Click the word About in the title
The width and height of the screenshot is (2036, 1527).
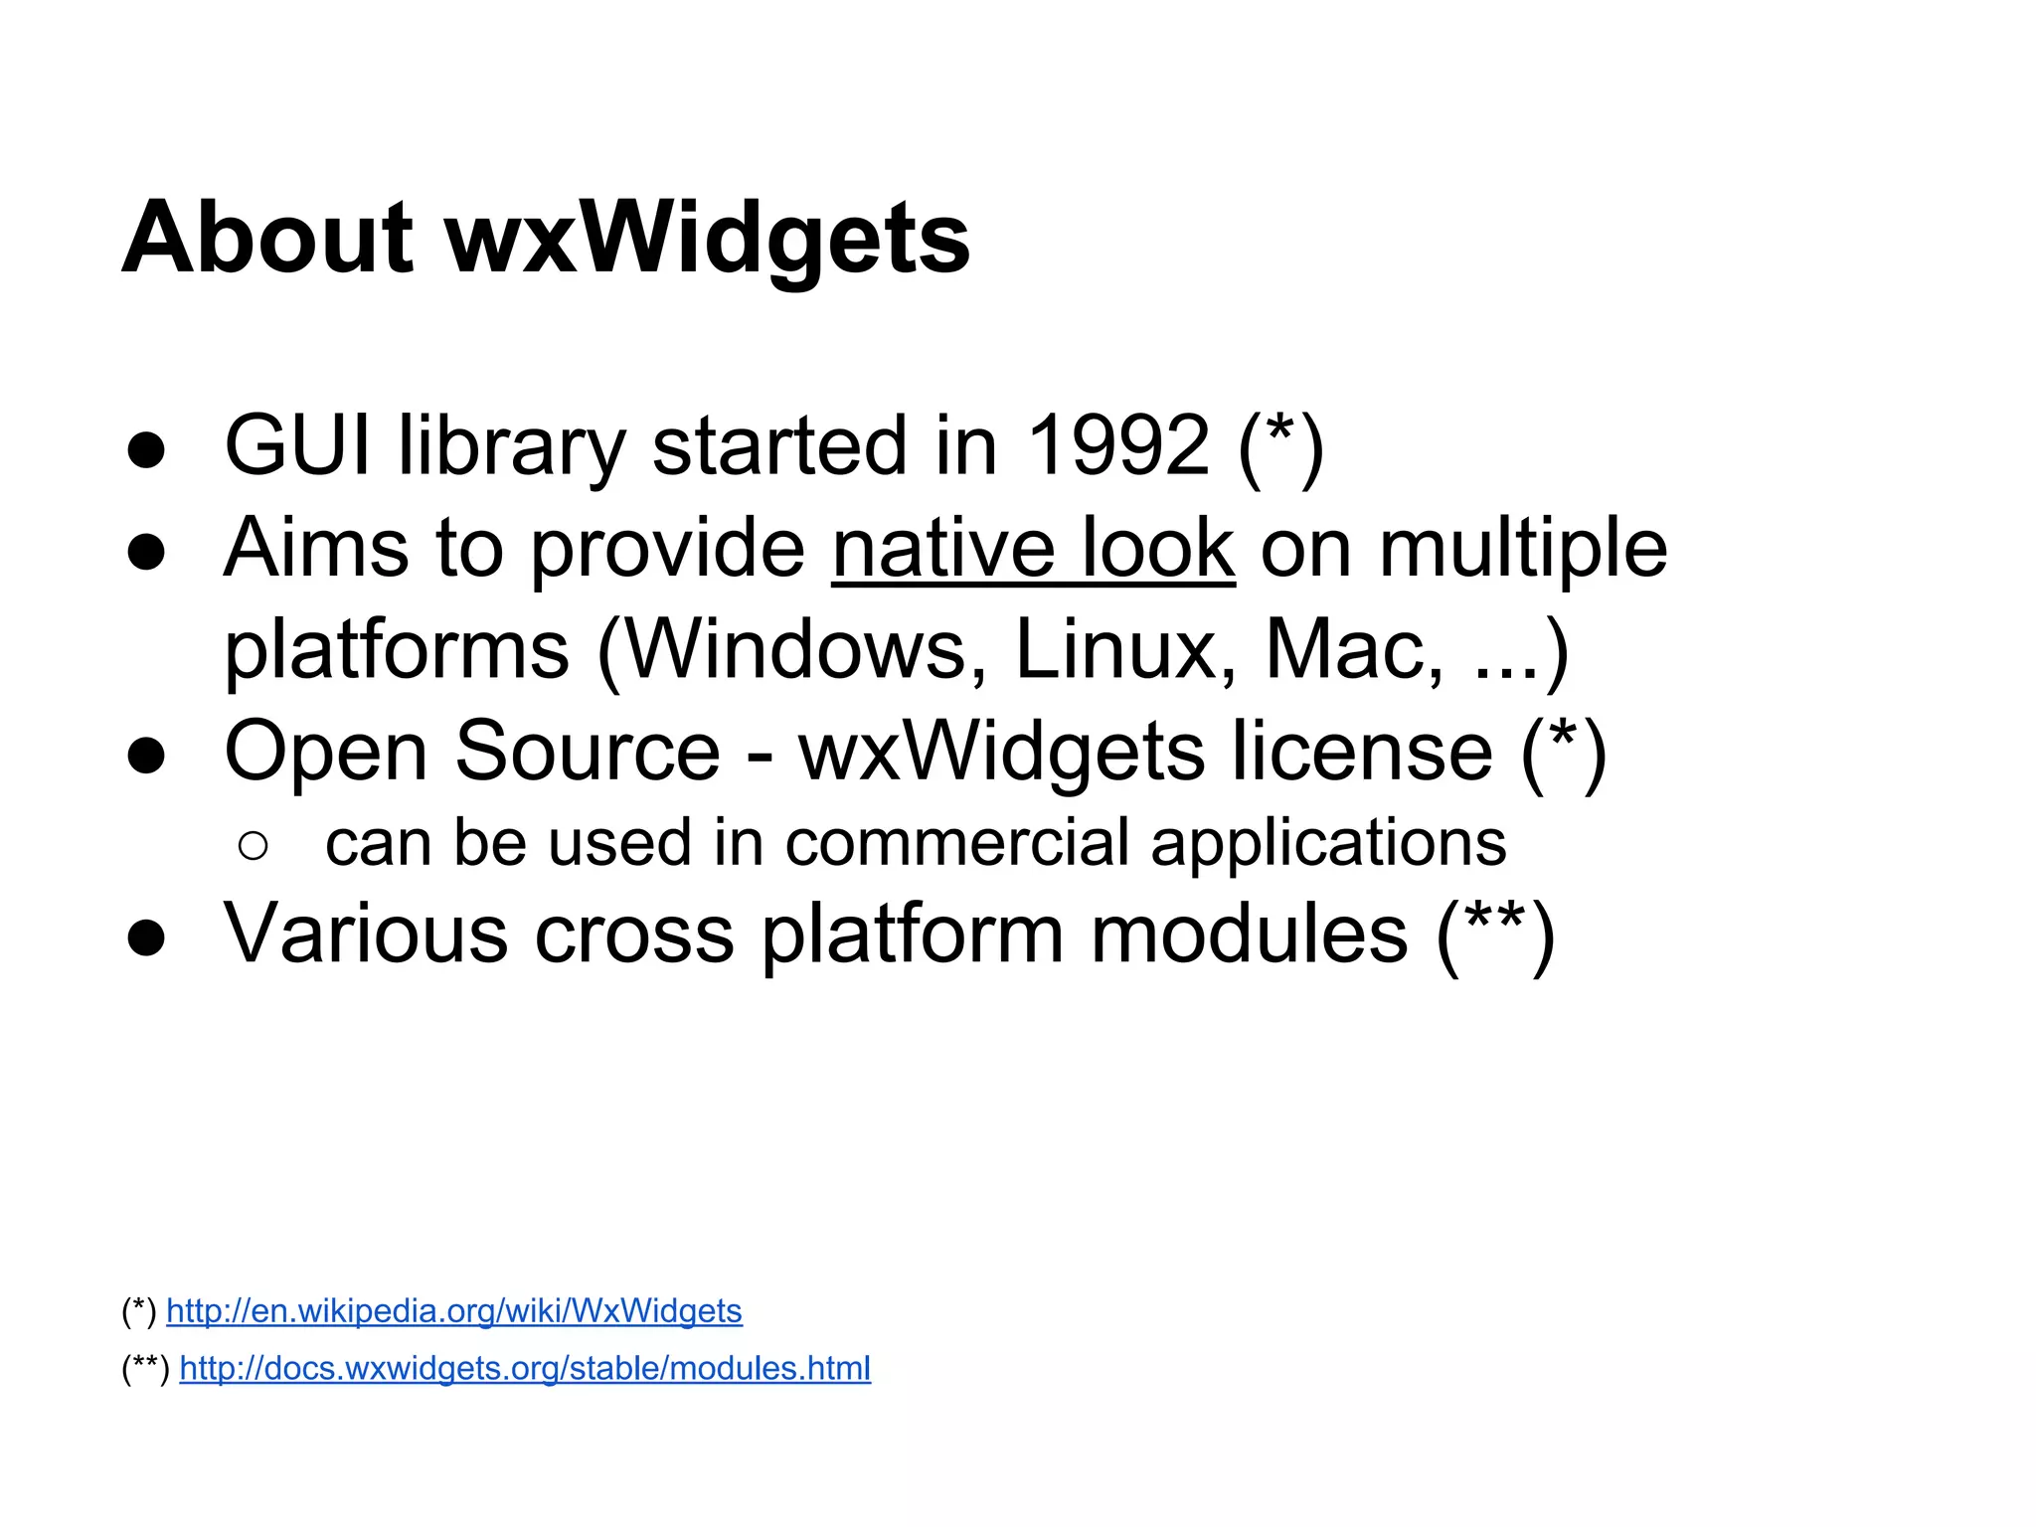(266, 239)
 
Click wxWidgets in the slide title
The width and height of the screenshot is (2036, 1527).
(707, 239)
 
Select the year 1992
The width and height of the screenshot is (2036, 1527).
(1118, 445)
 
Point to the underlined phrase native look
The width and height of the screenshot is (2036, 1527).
(1033, 549)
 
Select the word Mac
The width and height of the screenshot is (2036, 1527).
(1352, 651)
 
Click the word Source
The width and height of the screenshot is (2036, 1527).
(588, 753)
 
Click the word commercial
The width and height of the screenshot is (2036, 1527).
(956, 844)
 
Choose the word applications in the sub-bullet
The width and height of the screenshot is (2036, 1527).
(1328, 844)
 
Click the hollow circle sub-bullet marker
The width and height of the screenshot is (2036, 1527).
(254, 846)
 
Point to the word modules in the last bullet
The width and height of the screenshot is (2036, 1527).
(1249, 935)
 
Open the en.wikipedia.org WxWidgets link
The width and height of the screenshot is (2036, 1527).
(453, 1311)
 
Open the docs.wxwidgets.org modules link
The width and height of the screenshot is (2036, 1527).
(525, 1369)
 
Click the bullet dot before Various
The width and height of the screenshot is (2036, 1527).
(146, 937)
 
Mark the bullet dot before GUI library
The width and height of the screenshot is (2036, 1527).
(146, 449)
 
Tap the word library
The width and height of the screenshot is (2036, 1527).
(512, 445)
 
